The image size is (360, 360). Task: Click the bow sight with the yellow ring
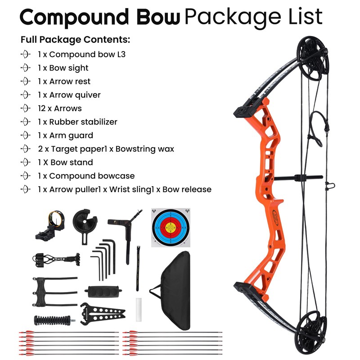point(49,225)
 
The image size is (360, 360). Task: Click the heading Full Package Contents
point(75,40)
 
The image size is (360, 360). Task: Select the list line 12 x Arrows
point(60,108)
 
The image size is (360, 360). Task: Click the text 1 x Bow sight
point(63,68)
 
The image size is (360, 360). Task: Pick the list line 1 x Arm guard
point(65,135)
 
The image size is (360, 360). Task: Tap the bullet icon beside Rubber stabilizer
point(26,122)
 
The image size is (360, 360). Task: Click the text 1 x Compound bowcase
point(86,176)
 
